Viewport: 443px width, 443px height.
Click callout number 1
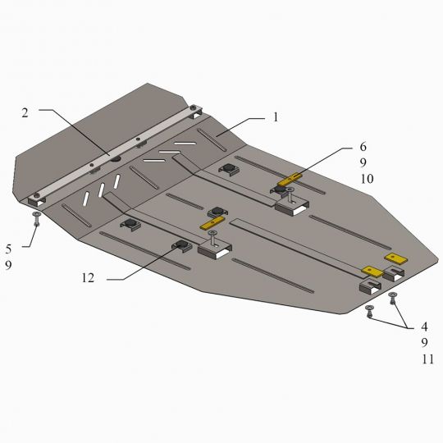point(276,117)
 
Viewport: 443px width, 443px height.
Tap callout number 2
point(25,113)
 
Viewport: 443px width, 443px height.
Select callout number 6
point(363,147)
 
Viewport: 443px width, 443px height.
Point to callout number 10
point(367,179)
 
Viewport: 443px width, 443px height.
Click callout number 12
point(88,278)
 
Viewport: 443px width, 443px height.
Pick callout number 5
point(8,249)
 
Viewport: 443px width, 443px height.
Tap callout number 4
point(424,327)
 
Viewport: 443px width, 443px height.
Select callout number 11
point(427,359)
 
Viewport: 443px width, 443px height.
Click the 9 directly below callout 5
point(8,265)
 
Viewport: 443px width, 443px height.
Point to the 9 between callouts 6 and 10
point(363,162)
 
